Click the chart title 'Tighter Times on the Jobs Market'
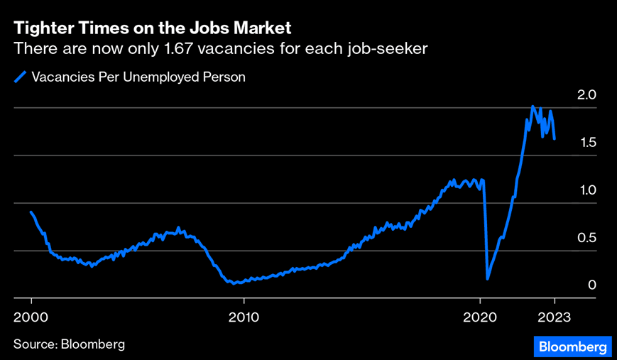point(153,28)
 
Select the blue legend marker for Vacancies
point(21,77)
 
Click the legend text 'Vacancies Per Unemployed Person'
point(138,77)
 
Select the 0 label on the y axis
point(591,285)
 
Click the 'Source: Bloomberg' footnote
point(69,344)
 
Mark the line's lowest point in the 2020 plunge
point(487,279)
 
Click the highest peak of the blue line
point(533,107)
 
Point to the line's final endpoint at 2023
point(555,139)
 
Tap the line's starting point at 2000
point(31,212)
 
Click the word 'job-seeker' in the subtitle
point(393,48)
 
